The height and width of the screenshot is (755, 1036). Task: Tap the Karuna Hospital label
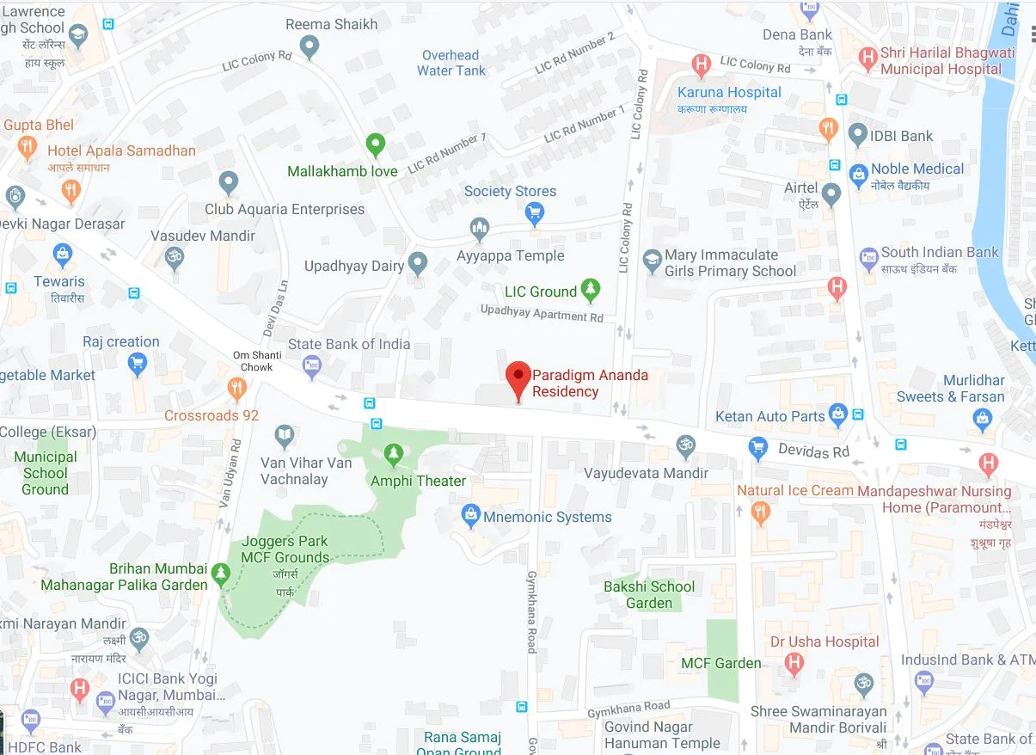point(729,92)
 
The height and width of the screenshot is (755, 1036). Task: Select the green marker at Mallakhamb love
point(375,144)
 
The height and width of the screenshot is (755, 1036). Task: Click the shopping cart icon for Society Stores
point(535,212)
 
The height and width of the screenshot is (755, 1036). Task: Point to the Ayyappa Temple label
point(511,255)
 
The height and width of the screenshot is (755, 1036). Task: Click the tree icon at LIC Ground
point(590,290)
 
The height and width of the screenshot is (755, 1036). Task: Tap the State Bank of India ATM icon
point(312,368)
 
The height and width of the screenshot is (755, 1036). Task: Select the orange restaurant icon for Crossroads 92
point(236,389)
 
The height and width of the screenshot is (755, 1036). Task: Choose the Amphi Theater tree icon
point(394,452)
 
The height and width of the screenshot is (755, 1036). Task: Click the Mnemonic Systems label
point(548,517)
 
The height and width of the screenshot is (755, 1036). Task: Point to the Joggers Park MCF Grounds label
point(285,549)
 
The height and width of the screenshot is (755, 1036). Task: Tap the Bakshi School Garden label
point(649,594)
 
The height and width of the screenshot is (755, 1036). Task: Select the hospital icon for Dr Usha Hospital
point(794,664)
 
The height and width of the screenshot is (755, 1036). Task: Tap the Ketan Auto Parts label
point(769,416)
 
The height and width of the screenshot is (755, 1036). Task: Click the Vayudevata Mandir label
point(647,473)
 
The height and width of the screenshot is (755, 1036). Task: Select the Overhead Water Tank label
point(451,63)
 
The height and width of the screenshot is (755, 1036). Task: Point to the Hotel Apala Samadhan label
point(121,150)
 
